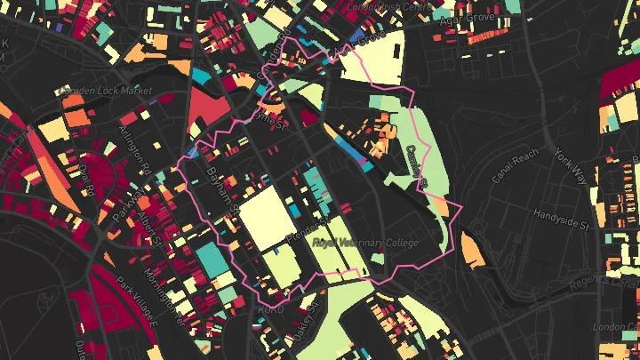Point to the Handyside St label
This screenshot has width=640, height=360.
pyautogui.click(x=562, y=215)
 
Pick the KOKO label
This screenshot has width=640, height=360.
pyautogui.click(x=269, y=308)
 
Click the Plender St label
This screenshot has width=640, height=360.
pyautogui.click(x=306, y=228)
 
